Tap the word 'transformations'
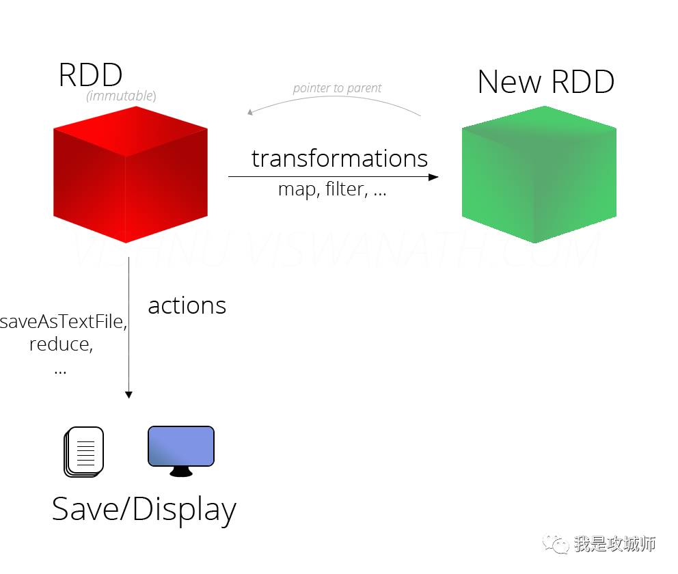pos(340,158)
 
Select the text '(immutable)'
pos(121,96)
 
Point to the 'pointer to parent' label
pos(337,88)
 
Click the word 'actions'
pos(187,305)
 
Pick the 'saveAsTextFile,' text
pos(64,322)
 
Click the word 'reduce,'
pos(61,344)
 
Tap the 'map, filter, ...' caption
pos(332,189)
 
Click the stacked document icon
pos(84,451)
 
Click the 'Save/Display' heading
pos(144,510)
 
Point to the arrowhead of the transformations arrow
pos(433,177)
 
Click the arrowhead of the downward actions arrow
pos(128,394)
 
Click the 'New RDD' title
pos(545,82)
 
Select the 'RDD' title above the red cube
pos(90,74)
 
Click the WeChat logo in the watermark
pos(555,544)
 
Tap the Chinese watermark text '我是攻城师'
pos(614,544)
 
